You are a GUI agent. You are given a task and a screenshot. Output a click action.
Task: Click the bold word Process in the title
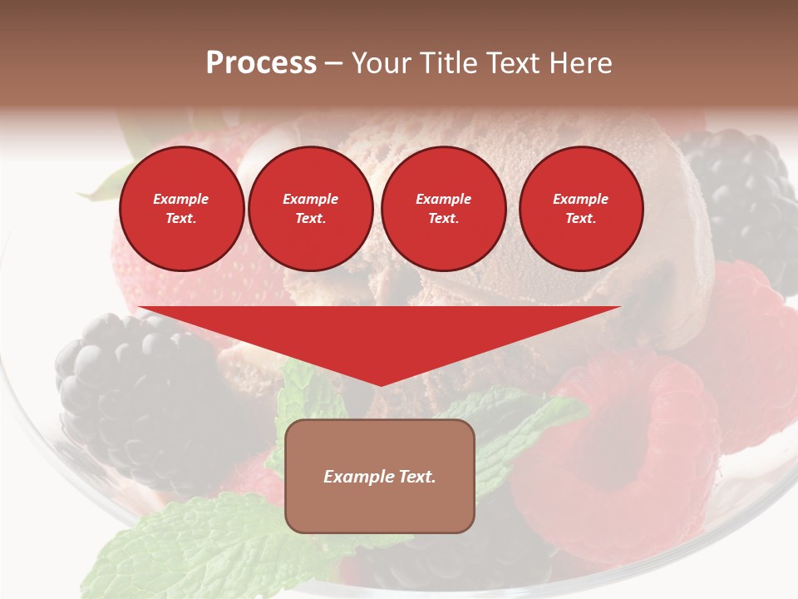(261, 63)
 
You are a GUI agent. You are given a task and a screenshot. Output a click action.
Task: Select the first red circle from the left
(181, 209)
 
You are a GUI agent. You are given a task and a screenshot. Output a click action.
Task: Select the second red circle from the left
(310, 209)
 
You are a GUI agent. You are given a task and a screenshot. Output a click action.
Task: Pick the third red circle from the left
(443, 209)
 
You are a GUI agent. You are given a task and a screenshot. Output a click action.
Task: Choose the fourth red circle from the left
(580, 209)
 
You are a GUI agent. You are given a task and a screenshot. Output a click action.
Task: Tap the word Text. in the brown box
(416, 477)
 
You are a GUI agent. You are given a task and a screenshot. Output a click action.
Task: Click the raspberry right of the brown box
(615, 449)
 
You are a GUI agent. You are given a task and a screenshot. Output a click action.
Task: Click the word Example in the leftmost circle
(181, 199)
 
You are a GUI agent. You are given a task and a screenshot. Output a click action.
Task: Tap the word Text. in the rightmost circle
(580, 219)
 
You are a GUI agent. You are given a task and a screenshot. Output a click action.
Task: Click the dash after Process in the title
(333, 63)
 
